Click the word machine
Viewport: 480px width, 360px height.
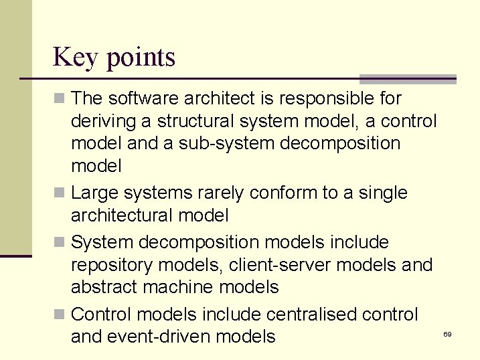point(182,288)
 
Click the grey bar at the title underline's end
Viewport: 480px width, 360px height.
point(408,79)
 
